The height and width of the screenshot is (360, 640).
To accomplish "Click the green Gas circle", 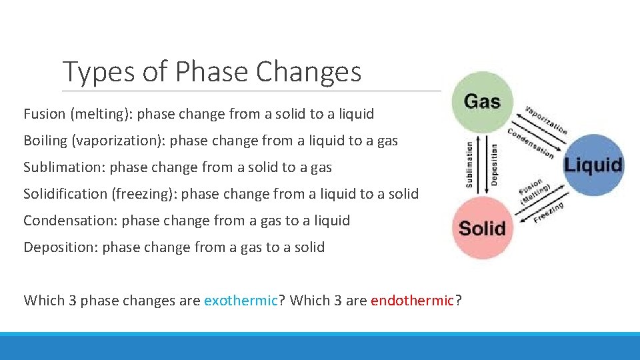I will pyautogui.click(x=482, y=102).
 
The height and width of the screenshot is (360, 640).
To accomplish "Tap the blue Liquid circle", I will pyautogui.click(x=593, y=165).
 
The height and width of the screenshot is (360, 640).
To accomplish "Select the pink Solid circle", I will pyautogui.click(x=482, y=228).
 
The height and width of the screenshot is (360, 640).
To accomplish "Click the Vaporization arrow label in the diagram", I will pyautogui.click(x=546, y=120).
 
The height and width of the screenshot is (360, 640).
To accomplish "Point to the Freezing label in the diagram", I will pyautogui.click(x=549, y=213).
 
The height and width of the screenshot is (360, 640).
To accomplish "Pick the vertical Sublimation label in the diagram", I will pyautogui.click(x=469, y=164).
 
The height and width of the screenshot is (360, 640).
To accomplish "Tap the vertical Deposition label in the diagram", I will pyautogui.click(x=494, y=164).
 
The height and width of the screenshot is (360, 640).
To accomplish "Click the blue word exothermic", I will pyautogui.click(x=241, y=301).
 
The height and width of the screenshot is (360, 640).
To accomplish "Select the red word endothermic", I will pyautogui.click(x=412, y=301).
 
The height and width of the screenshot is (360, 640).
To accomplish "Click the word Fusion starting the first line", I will pyautogui.click(x=44, y=114).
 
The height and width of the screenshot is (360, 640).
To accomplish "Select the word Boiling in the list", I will pyautogui.click(x=47, y=141).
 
